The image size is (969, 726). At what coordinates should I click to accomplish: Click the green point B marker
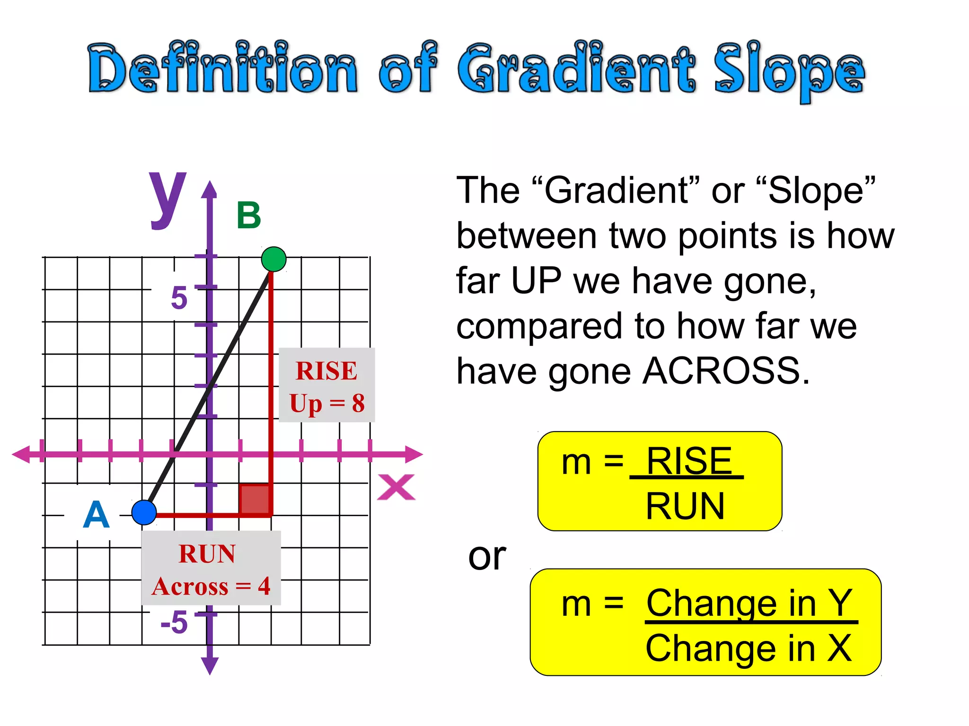point(273,259)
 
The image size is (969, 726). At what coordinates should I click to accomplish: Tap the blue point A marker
point(144,512)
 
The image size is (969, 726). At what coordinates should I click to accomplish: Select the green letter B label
point(249,216)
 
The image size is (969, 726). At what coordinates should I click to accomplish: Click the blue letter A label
point(96,515)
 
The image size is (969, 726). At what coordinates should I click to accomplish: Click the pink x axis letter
point(396,487)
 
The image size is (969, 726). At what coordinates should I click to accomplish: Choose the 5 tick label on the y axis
point(179,298)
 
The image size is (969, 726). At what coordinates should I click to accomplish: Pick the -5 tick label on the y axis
point(174,622)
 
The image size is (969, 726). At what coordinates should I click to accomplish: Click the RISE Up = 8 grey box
point(327,385)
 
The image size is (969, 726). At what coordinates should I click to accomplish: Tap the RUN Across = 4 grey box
point(211,568)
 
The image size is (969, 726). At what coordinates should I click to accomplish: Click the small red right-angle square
point(255,499)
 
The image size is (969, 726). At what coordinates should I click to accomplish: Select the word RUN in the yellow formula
point(685,506)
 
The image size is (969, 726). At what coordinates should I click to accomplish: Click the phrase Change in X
point(749,648)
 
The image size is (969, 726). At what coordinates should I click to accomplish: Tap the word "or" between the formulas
point(487,557)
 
